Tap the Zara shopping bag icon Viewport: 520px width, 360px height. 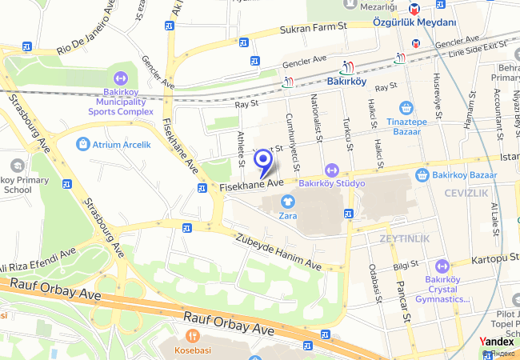click(288, 200)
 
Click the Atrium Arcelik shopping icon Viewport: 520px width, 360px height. click(82, 144)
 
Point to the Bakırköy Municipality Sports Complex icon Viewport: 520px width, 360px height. click(121, 79)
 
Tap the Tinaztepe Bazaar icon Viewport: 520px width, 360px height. click(406, 107)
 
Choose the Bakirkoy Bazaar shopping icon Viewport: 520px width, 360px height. click(422, 174)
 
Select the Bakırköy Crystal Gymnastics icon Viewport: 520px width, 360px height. click(442, 266)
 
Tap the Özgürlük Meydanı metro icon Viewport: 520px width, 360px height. click(414, 9)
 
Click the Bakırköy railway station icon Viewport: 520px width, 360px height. click(346, 67)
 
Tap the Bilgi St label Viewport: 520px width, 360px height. click(406, 265)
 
